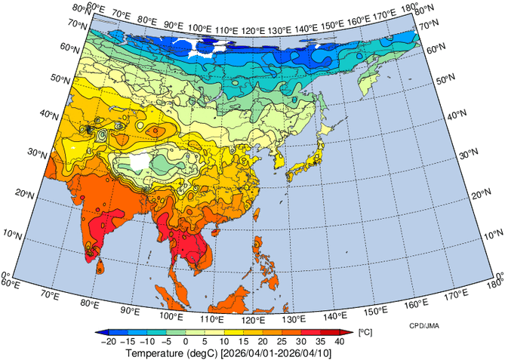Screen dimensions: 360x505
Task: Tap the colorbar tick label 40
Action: [x=340, y=341]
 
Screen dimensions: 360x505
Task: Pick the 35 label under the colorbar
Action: [x=322, y=341]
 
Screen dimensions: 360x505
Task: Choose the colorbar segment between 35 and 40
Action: [x=331, y=332]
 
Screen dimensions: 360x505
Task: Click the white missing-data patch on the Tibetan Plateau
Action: [x=139, y=162]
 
